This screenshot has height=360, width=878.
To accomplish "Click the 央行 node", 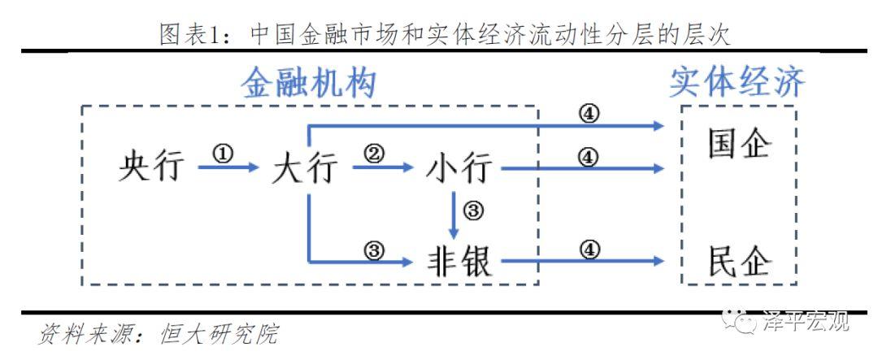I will point(151,168).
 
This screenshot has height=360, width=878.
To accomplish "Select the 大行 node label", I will point(304,169).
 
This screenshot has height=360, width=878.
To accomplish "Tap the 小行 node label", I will point(459,169).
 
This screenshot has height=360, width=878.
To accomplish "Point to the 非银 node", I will point(459,262).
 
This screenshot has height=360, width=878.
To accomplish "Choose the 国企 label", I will point(739,144).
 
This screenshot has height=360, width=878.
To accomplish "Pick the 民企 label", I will point(739,262).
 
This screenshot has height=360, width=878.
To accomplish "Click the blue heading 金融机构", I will point(309,83).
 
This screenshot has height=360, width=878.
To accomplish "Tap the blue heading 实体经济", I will point(737,83).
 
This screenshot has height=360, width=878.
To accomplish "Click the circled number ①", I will point(223,154).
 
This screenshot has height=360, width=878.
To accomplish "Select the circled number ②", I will point(375,154).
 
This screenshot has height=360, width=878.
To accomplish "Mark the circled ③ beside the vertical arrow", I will point(473,211).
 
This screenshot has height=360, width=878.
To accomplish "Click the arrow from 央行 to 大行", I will point(228,168).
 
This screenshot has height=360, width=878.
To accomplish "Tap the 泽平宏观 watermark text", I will point(805,322).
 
